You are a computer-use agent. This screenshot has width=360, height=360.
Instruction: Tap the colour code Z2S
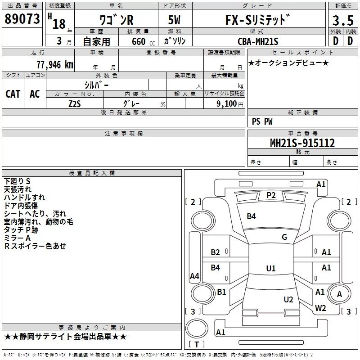coord(75,103)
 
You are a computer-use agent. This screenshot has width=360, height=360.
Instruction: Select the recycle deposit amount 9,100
coord(224,103)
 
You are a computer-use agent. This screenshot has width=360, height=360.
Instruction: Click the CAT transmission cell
coord(13,94)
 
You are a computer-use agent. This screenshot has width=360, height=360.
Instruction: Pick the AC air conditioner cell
coord(35,94)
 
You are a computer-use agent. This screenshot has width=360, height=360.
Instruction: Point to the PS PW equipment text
coord(262,121)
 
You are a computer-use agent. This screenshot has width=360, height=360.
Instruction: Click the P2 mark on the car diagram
coord(271,195)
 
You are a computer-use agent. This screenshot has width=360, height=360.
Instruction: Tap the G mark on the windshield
coord(284,237)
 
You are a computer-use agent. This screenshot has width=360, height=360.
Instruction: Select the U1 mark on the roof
coord(270,268)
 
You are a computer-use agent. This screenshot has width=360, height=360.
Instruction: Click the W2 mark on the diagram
coord(320,308)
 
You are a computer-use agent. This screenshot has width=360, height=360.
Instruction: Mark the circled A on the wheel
coord(339,294)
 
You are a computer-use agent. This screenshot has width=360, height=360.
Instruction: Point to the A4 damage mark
coord(194,276)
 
